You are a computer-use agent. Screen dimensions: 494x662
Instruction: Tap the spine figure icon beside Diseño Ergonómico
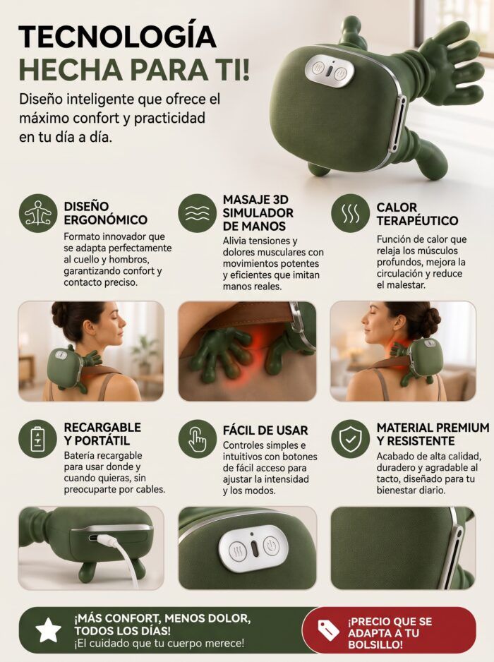tap(38, 213)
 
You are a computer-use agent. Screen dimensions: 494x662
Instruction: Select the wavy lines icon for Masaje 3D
tap(196, 213)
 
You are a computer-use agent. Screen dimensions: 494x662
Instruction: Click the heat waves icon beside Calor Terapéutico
tap(350, 213)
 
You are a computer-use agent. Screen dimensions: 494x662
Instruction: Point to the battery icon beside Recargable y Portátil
tap(38, 439)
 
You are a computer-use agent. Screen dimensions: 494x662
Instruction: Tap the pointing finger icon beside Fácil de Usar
tap(196, 439)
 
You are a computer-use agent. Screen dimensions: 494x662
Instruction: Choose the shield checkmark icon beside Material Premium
tap(350, 439)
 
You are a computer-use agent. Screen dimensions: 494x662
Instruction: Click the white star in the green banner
tap(48, 630)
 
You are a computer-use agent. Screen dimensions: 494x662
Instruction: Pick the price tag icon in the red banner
tap(328, 630)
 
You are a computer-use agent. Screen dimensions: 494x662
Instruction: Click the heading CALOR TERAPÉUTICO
tap(417, 214)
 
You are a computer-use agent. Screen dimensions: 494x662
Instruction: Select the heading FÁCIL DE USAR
tap(265, 431)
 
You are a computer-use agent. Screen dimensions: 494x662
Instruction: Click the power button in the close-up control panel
tap(270, 547)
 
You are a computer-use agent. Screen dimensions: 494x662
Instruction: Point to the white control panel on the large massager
tap(330, 70)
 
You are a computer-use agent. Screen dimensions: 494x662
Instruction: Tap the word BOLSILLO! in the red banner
tap(375, 644)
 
